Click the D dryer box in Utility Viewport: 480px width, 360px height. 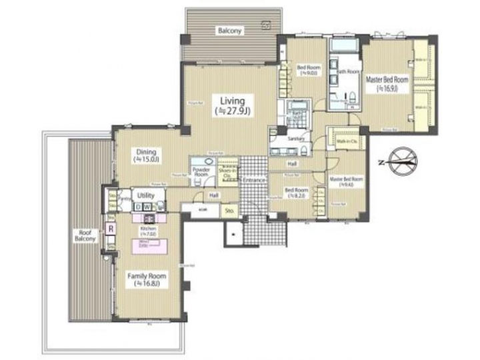click(x=137, y=206)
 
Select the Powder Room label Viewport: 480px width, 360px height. click(x=201, y=171)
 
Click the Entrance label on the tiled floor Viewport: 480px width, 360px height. click(x=253, y=180)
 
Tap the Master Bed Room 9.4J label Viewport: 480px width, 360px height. click(x=346, y=182)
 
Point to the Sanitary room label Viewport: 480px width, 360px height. click(x=296, y=139)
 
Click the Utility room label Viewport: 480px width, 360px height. click(x=145, y=196)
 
